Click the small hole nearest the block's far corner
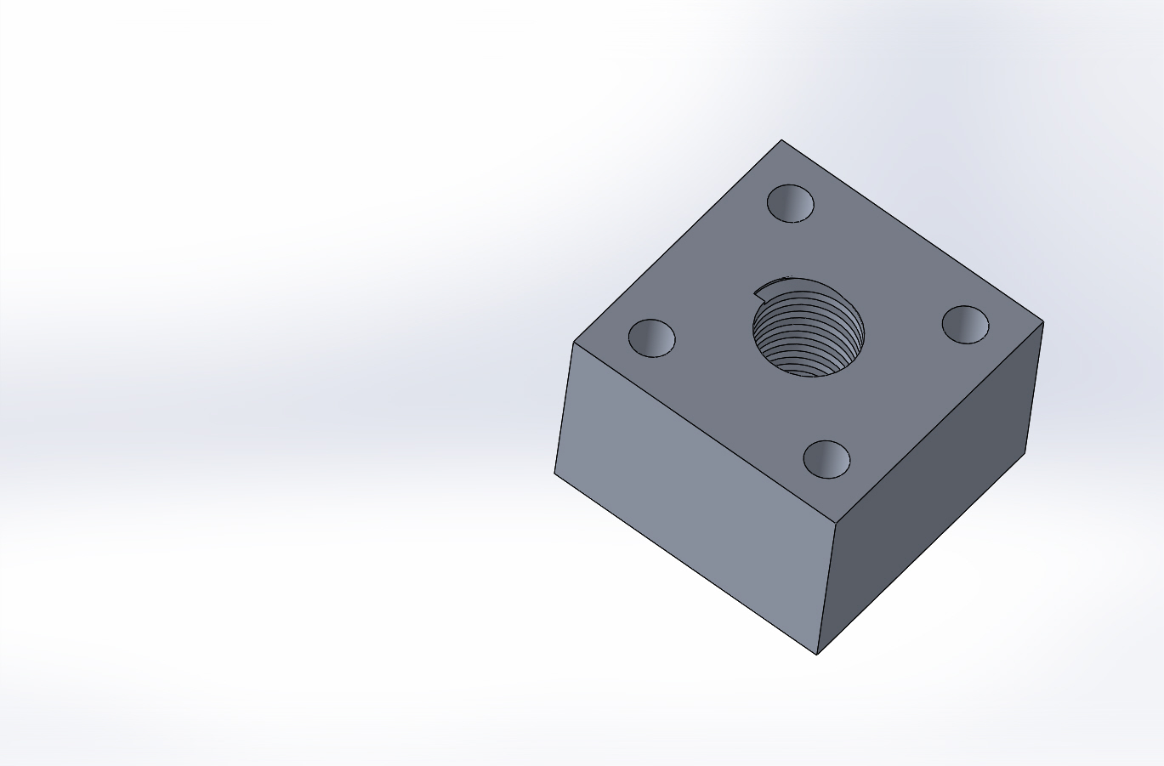(791, 204)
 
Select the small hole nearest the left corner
(651, 338)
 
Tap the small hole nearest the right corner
(965, 325)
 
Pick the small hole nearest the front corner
(826, 459)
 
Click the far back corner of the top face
(781, 140)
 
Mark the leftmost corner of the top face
(574, 343)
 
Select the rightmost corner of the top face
(1042, 321)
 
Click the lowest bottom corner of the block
(817, 654)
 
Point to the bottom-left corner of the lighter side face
(555, 474)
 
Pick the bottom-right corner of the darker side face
(1025, 453)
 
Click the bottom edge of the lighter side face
(685, 563)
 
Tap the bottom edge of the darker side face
(921, 553)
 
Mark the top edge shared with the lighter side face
(704, 432)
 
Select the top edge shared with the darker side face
(939, 422)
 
